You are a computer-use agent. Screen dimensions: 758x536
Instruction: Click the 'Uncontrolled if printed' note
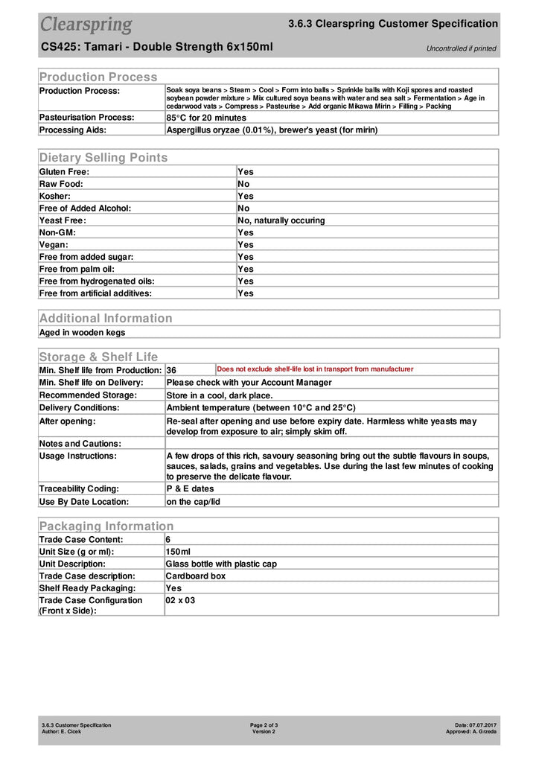(x=461, y=48)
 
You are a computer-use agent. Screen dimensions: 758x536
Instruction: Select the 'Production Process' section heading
(x=98, y=77)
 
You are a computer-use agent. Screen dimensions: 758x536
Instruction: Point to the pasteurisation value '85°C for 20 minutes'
(x=206, y=118)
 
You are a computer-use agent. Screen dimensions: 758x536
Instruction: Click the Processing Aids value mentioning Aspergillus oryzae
(x=272, y=130)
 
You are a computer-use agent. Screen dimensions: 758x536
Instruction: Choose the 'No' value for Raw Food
(x=243, y=184)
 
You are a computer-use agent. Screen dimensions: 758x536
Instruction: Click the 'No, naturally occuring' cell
(x=281, y=220)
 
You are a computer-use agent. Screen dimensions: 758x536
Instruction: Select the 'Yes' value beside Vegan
(x=245, y=244)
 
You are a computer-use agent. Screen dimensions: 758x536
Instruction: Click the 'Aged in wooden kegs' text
(x=82, y=332)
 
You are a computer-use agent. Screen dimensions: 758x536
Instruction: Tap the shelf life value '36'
(x=171, y=370)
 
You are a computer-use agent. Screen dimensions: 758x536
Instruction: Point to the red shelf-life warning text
(x=315, y=369)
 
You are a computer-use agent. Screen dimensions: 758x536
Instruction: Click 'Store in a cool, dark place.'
(x=220, y=395)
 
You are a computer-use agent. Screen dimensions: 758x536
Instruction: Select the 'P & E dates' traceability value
(x=190, y=488)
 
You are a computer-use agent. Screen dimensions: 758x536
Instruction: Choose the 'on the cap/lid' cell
(x=193, y=501)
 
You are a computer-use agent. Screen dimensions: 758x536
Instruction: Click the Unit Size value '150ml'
(x=179, y=552)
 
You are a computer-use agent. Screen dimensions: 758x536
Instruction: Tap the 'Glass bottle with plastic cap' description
(x=221, y=564)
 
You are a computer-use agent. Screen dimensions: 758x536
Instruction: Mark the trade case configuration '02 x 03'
(x=180, y=600)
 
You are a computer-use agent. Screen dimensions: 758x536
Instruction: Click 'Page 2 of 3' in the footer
(x=264, y=724)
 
